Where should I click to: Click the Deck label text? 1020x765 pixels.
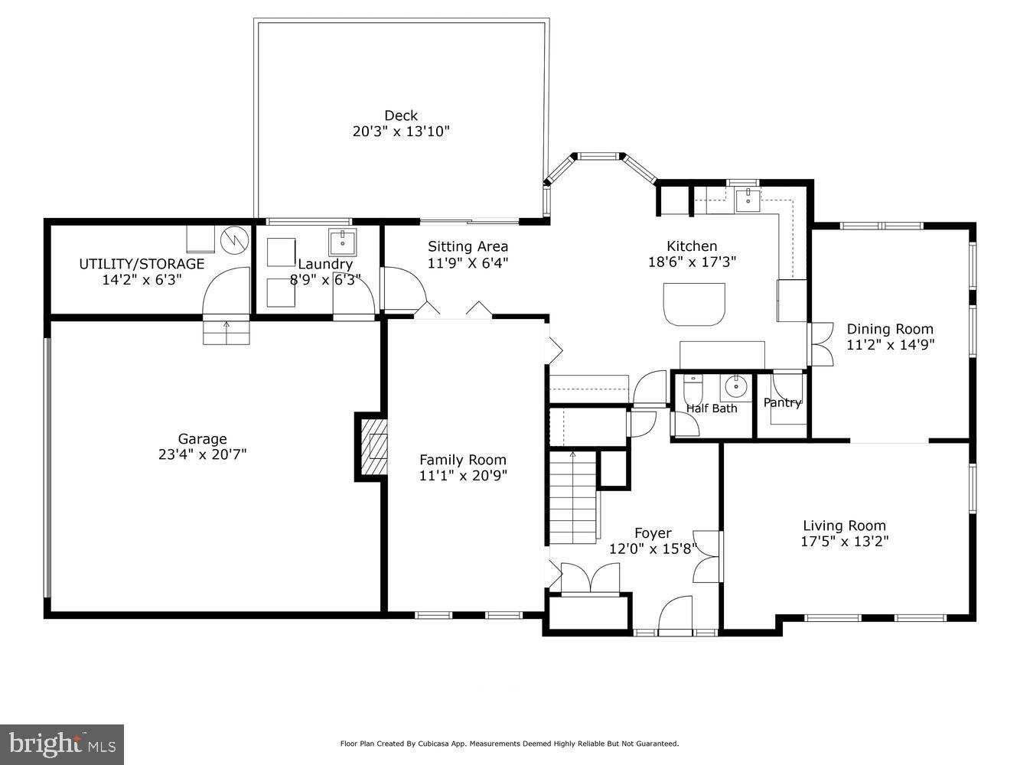point(401,116)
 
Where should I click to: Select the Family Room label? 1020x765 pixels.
point(462,460)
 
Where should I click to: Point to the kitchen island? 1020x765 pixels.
point(694,303)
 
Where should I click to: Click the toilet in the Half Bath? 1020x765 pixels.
point(692,388)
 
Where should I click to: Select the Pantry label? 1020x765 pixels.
point(782,402)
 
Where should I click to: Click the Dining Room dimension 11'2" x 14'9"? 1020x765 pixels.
point(890,344)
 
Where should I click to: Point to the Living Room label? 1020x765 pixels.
point(844,526)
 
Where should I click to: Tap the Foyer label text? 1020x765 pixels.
point(653,533)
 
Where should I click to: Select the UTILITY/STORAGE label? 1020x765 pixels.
point(142,264)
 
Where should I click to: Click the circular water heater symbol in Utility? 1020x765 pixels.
point(234,239)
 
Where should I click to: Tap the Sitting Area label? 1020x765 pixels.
point(468,246)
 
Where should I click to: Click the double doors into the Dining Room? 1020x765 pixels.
point(819,343)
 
